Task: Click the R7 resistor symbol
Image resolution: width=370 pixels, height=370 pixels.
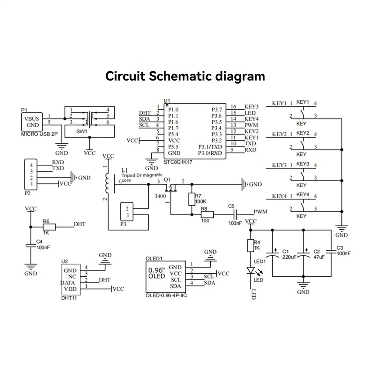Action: pos(191,199)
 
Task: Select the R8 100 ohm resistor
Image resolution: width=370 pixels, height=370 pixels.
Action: pos(207,215)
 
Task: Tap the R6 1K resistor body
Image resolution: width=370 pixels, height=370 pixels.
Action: pos(49,227)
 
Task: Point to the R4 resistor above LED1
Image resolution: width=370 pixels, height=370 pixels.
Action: pos(251,245)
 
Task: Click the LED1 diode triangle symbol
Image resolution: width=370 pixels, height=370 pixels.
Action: pos(251,270)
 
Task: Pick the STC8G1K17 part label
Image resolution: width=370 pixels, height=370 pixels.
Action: pos(178,162)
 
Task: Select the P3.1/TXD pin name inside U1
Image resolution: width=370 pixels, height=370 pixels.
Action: pos(210,147)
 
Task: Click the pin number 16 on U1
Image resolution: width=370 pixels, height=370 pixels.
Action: pos(233,107)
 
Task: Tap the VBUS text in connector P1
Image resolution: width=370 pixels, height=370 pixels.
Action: pos(31,119)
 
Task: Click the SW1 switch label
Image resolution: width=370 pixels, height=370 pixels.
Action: pos(82,132)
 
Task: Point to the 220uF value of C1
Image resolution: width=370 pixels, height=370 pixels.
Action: pos(289,257)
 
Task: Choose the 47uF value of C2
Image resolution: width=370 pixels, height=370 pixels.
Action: pos(319,257)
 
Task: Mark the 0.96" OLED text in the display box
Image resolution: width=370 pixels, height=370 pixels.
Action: pos(157,273)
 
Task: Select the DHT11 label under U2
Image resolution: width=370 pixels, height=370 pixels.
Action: pos(69,298)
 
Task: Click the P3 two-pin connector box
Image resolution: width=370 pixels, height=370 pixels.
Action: pos(127,212)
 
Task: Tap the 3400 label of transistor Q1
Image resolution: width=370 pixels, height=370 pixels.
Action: pos(160,196)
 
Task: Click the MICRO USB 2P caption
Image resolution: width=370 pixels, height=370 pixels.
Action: pos(39,134)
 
